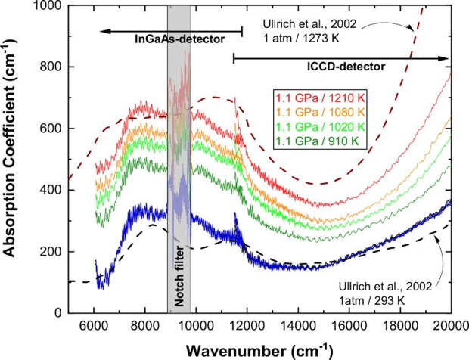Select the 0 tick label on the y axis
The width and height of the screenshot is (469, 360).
tap(59, 312)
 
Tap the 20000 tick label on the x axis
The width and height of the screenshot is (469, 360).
tap(451, 326)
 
